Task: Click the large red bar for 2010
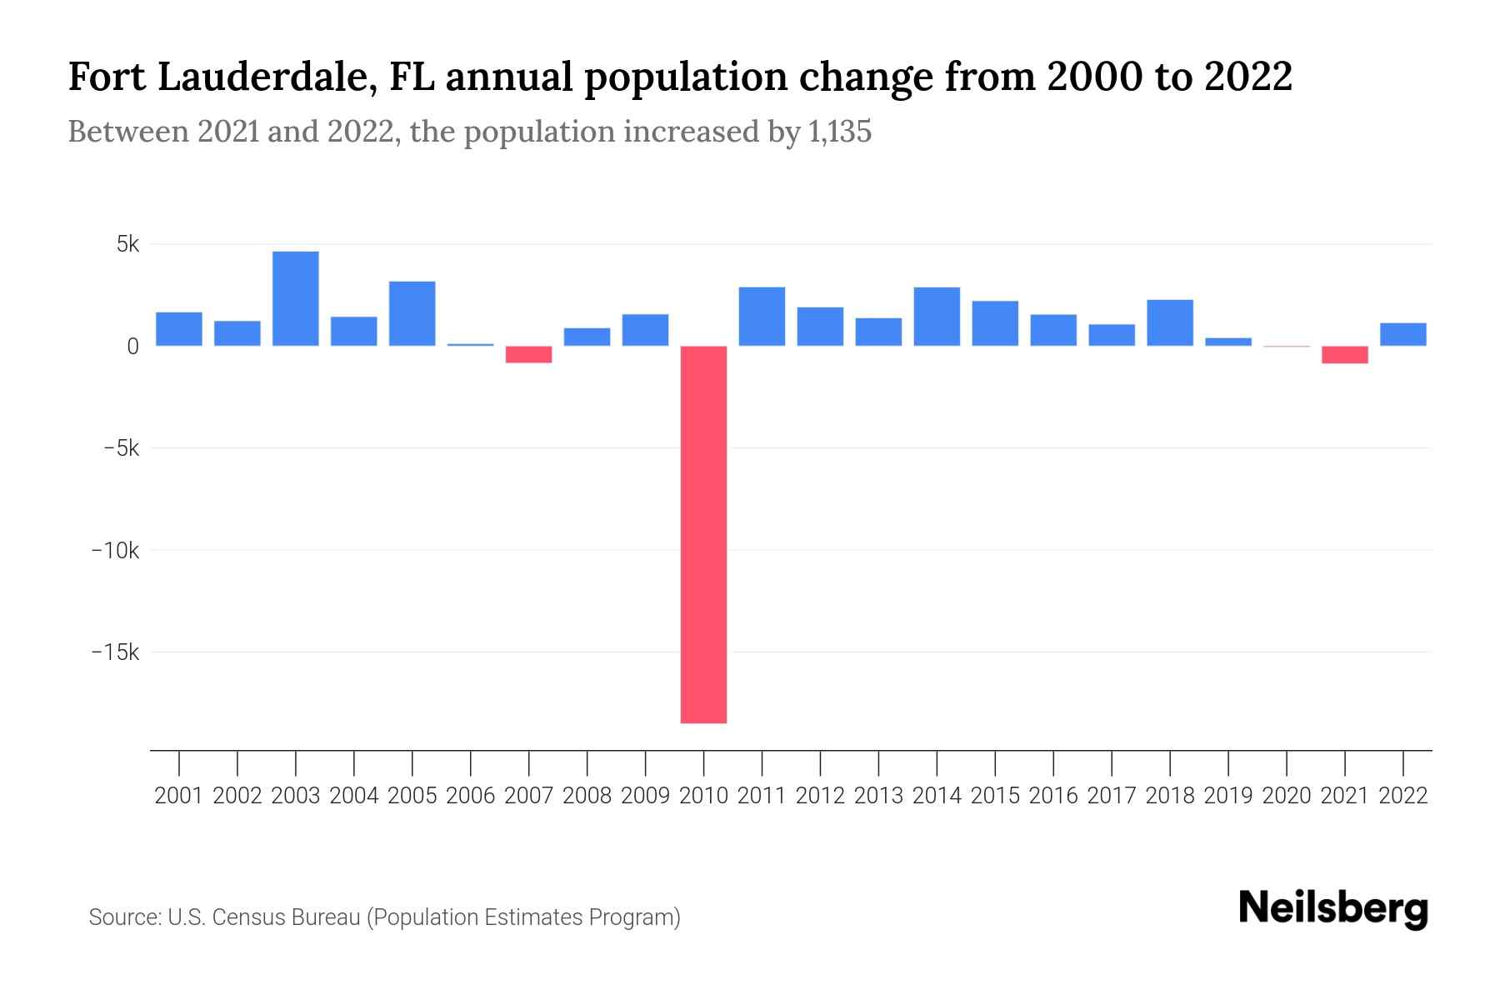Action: (x=703, y=534)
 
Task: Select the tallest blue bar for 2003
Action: (x=296, y=298)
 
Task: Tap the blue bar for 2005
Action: (x=412, y=313)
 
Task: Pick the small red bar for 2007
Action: (x=529, y=355)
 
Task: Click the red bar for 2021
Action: (x=1345, y=355)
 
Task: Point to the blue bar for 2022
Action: (x=1403, y=334)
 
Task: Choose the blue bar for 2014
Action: (x=937, y=317)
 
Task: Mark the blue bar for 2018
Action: (x=1170, y=322)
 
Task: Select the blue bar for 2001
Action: (x=179, y=329)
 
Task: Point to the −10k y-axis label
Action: (x=116, y=551)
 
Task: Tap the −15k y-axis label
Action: (x=116, y=652)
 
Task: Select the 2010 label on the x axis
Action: (x=703, y=796)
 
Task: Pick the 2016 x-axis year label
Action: (x=1053, y=796)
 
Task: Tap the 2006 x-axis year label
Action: (x=471, y=796)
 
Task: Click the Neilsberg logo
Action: (x=1333, y=909)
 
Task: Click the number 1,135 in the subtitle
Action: (x=840, y=132)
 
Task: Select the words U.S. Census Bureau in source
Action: (x=264, y=917)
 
